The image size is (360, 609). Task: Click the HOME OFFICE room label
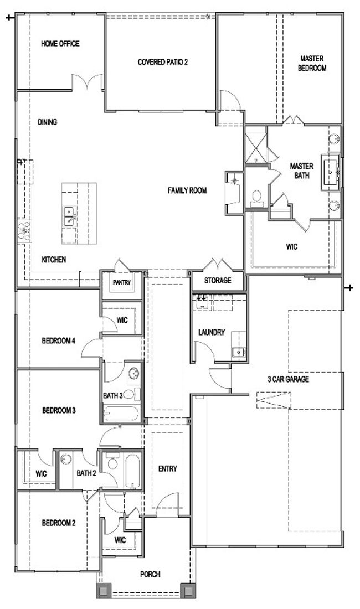60,44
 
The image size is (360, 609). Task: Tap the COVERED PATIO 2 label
163,62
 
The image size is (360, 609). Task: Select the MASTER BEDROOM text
312,63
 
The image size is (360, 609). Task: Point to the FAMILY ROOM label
187,190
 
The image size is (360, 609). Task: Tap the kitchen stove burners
24,231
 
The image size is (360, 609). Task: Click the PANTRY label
121,283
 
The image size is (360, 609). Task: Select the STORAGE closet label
218,281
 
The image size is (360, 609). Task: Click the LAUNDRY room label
212,333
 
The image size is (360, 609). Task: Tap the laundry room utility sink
239,352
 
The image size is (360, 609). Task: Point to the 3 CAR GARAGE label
288,379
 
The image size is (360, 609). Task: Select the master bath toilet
256,197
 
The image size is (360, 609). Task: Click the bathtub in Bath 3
121,414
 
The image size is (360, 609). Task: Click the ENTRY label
168,469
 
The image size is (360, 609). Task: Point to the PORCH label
150,574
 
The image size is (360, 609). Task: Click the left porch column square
104,591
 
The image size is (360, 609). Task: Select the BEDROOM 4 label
58,341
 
